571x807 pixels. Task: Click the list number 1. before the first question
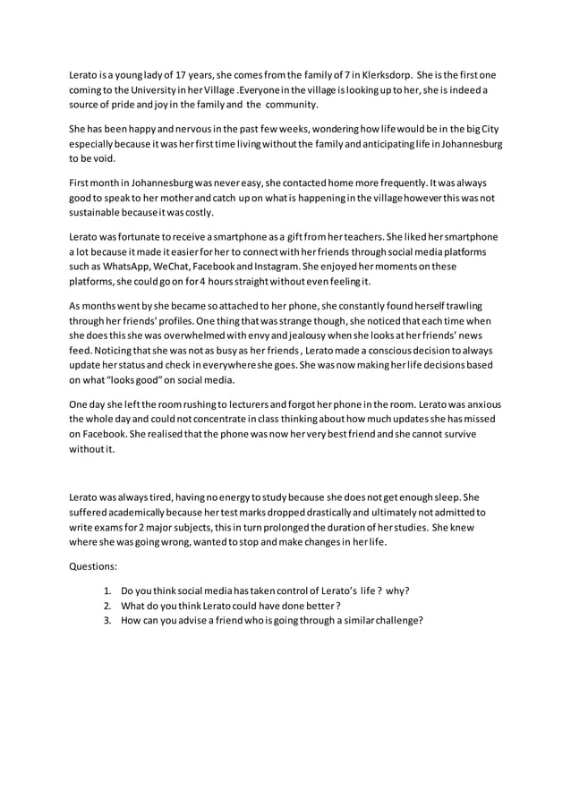coord(107,590)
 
